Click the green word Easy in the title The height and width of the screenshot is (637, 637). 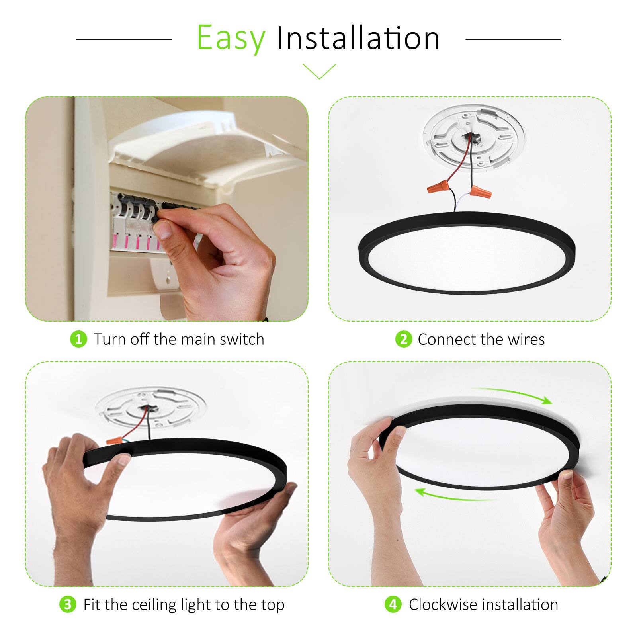pos(231,39)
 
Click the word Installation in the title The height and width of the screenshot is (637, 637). pos(358,39)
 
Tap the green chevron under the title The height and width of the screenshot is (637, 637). pos(319,71)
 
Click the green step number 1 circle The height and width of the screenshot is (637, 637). pos(78,339)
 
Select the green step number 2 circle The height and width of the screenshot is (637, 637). pos(403,339)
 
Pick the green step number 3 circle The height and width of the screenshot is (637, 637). pos(68,604)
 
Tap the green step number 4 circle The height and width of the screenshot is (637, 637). pos(393,604)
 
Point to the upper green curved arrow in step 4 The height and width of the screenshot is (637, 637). pos(514,394)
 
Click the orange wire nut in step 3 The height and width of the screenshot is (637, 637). pos(114,441)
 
